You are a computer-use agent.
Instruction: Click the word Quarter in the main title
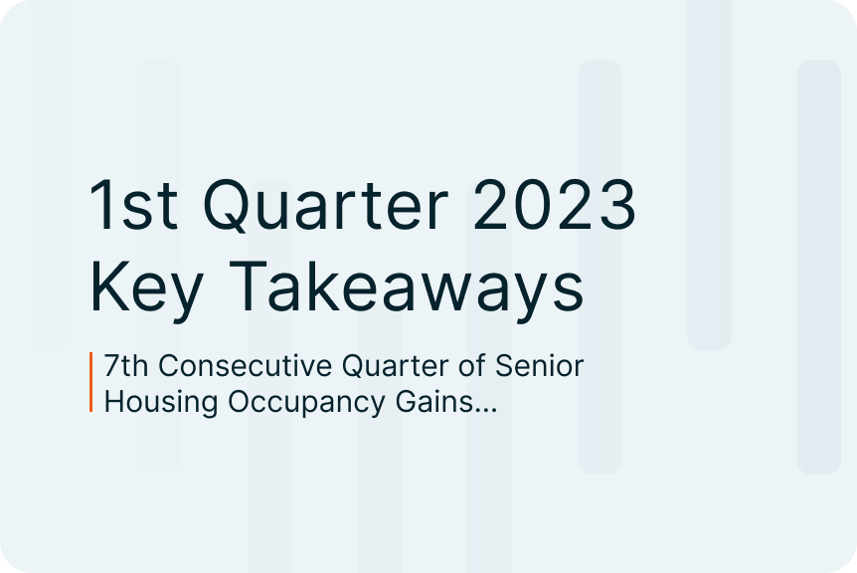(x=325, y=206)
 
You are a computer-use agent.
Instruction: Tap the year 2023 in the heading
(x=554, y=205)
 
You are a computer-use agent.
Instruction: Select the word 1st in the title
(x=133, y=205)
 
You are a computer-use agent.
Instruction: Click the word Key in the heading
(x=146, y=289)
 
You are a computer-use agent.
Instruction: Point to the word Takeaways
(x=406, y=289)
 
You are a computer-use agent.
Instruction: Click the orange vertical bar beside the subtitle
(x=90, y=382)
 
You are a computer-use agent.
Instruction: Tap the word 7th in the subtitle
(x=126, y=365)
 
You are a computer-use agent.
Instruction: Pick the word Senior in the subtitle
(x=539, y=365)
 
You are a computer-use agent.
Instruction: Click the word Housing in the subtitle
(x=161, y=403)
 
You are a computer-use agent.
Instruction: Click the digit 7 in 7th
(x=111, y=366)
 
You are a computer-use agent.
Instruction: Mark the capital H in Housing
(x=114, y=402)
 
